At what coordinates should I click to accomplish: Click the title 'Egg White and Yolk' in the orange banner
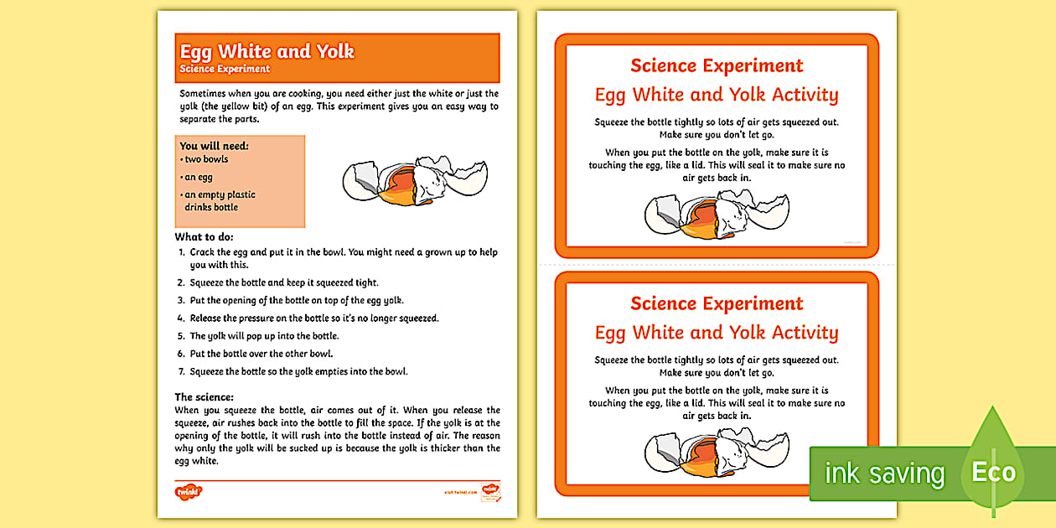click(267, 51)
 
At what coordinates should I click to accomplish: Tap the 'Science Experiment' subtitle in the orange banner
click(225, 69)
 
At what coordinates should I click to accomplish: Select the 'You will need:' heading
click(214, 146)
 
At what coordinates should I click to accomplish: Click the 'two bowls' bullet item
click(206, 159)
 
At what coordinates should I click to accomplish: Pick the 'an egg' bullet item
click(199, 177)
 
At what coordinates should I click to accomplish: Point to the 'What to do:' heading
click(204, 237)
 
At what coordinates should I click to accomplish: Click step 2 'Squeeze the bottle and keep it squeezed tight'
click(283, 282)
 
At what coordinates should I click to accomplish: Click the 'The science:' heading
click(204, 396)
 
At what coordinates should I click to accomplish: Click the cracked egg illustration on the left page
click(414, 180)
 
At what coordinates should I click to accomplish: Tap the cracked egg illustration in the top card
click(716, 215)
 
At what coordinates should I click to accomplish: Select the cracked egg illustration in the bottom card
click(716, 453)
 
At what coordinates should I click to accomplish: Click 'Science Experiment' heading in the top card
click(717, 65)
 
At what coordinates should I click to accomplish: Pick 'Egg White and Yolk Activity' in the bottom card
click(717, 333)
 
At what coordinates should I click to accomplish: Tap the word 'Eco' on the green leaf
click(993, 472)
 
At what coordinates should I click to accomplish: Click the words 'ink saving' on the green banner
click(884, 474)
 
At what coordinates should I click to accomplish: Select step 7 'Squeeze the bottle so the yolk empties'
click(298, 371)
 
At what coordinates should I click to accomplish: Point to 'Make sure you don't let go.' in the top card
click(717, 135)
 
